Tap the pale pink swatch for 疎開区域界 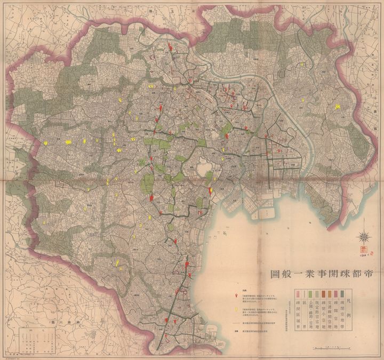coord(297,294)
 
